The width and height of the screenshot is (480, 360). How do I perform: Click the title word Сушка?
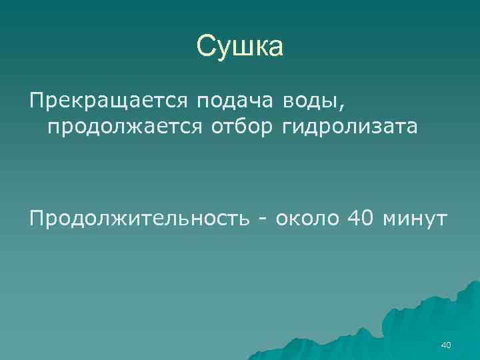(x=240, y=47)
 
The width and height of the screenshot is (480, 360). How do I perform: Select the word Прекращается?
(x=109, y=102)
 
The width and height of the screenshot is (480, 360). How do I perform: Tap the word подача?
(x=235, y=102)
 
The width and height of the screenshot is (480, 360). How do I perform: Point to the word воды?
(x=307, y=102)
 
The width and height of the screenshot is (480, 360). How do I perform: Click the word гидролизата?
(x=351, y=126)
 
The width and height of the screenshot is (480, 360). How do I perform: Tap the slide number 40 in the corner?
(x=446, y=345)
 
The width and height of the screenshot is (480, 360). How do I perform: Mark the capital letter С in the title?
(x=206, y=47)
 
